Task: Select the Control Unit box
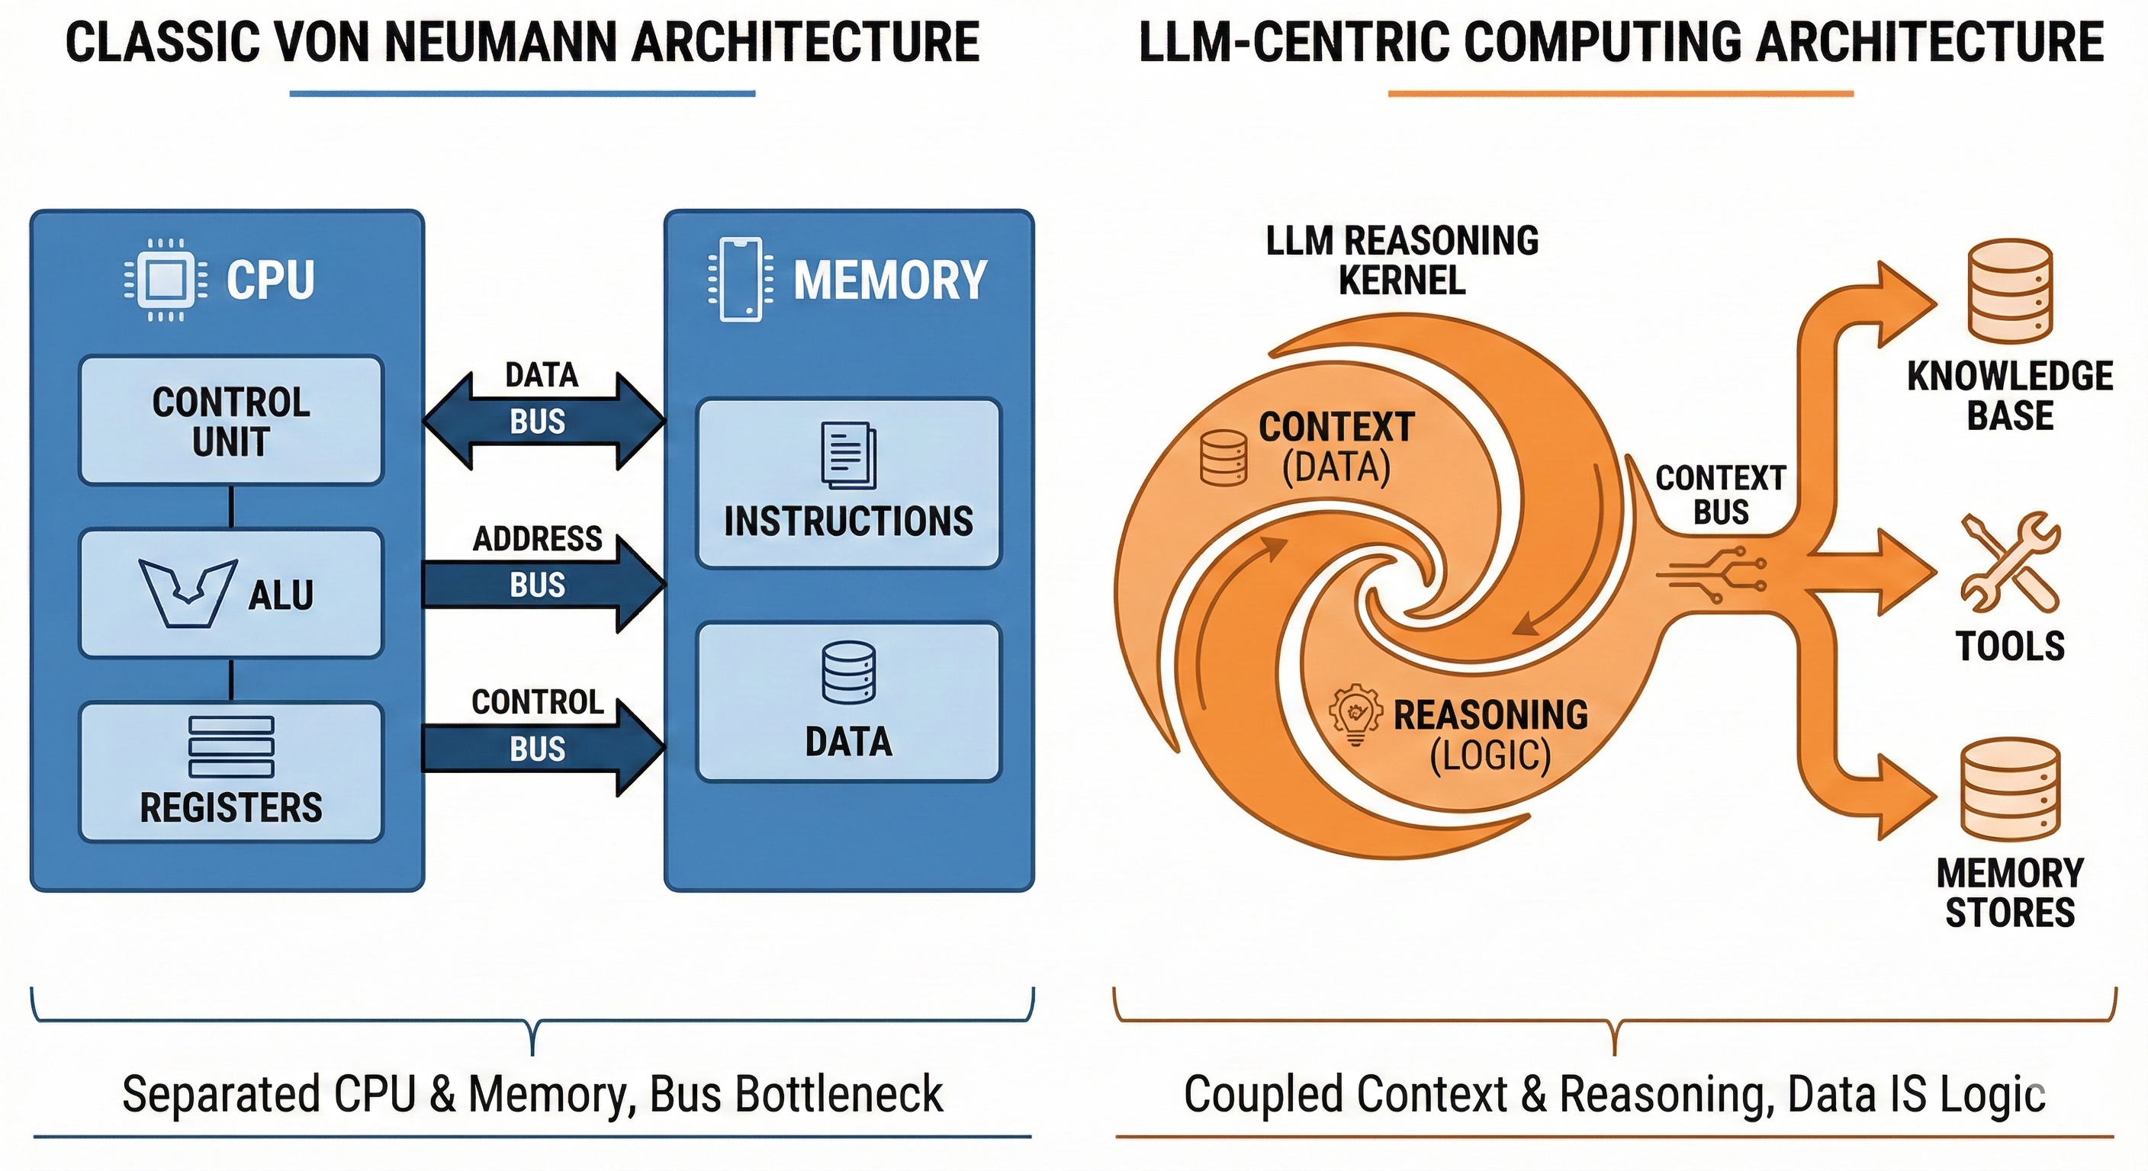click(231, 421)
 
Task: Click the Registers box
click(231, 772)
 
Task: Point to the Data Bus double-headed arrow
click(543, 421)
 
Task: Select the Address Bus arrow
click(543, 584)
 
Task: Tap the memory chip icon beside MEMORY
click(740, 279)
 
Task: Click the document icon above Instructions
click(849, 455)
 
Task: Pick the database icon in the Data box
click(849, 672)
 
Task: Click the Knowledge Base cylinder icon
click(2010, 291)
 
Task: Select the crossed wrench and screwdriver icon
click(2010, 563)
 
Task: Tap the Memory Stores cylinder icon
click(2010, 788)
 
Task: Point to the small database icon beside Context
click(1224, 457)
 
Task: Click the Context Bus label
click(1720, 494)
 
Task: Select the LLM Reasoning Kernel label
click(1402, 260)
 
